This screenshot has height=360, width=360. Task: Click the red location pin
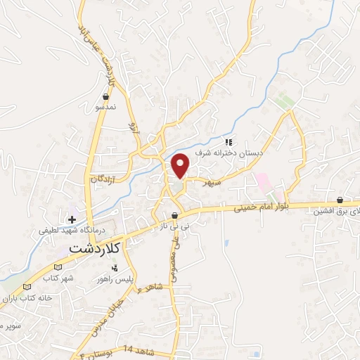[181, 165]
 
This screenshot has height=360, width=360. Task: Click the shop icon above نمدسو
[106, 96]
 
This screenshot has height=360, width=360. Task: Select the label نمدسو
[105, 108]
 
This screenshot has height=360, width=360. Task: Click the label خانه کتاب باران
[27, 298]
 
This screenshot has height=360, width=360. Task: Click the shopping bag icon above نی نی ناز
[174, 216]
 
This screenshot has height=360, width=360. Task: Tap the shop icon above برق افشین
[340, 200]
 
